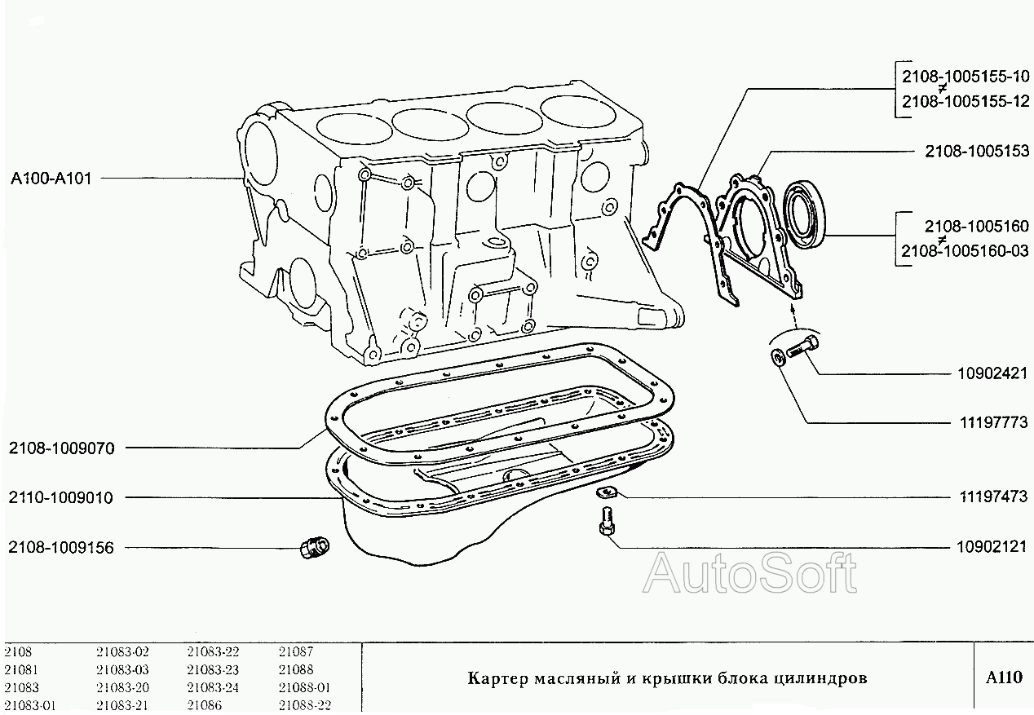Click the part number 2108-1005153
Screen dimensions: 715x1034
976,151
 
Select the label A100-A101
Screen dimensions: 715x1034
51,178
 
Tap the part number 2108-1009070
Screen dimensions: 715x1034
62,448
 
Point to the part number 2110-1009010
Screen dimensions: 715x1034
62,497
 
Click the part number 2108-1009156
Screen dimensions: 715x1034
62,547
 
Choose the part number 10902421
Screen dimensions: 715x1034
992,373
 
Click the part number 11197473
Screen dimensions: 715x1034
992,497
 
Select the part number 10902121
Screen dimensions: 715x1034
992,546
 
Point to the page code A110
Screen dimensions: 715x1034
1003,677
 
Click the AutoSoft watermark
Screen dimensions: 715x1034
750,573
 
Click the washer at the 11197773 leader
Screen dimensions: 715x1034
778,355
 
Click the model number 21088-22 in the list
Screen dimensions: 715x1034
304,705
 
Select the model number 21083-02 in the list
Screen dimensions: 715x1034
122,651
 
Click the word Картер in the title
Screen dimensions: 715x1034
497,678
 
